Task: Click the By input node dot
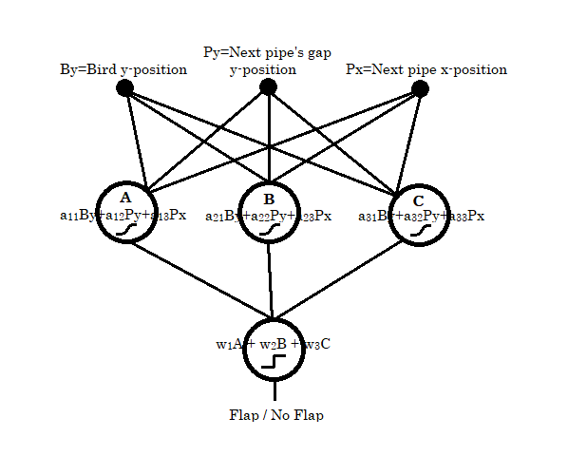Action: [x=124, y=88]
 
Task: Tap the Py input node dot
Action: [x=269, y=87]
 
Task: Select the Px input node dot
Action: [x=420, y=89]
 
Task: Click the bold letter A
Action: [x=125, y=198]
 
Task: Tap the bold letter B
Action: [x=269, y=198]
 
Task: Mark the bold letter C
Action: [x=419, y=200]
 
